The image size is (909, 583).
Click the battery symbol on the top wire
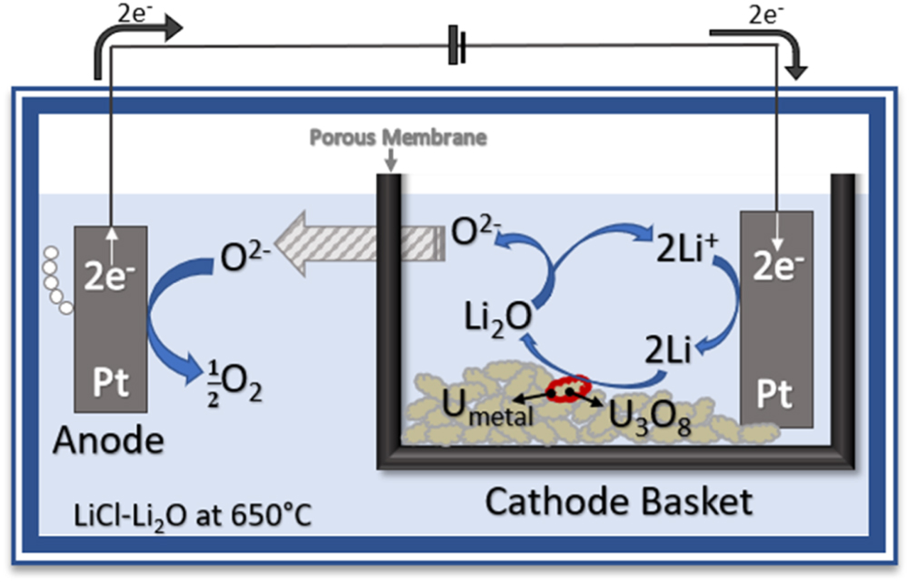pos(457,46)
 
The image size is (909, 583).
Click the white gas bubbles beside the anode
pos(57,278)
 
